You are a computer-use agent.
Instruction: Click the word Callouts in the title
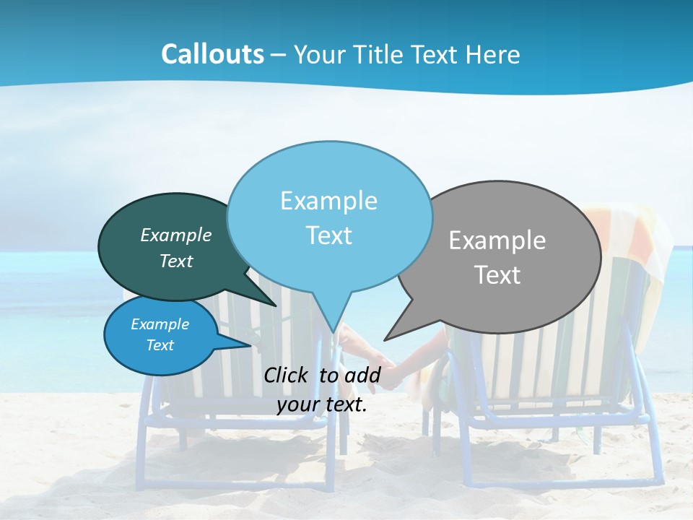pyautogui.click(x=212, y=54)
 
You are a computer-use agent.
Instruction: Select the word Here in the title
pyautogui.click(x=491, y=54)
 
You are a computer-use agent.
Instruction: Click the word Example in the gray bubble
pyautogui.click(x=497, y=240)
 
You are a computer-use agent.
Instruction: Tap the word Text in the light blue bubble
pyautogui.click(x=329, y=235)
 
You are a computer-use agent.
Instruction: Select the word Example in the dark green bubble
pyautogui.click(x=176, y=235)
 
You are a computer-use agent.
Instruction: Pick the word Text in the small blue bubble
pyautogui.click(x=160, y=345)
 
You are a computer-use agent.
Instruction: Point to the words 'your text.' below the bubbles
pyautogui.click(x=322, y=404)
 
